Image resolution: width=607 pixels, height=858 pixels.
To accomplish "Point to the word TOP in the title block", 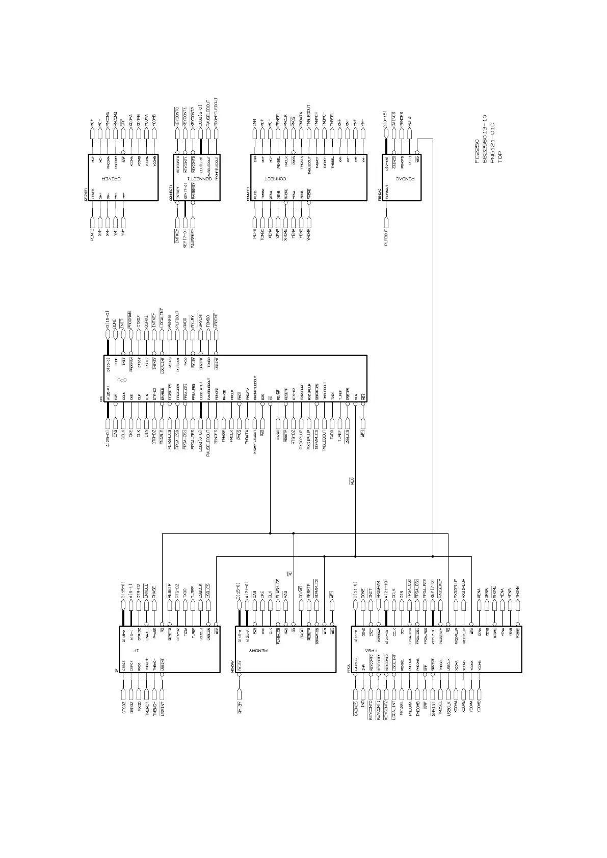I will [x=500, y=156].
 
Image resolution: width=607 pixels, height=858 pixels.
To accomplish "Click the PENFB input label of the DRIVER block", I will [x=92, y=234].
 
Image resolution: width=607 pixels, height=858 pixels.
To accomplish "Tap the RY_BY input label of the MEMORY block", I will [x=240, y=708].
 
